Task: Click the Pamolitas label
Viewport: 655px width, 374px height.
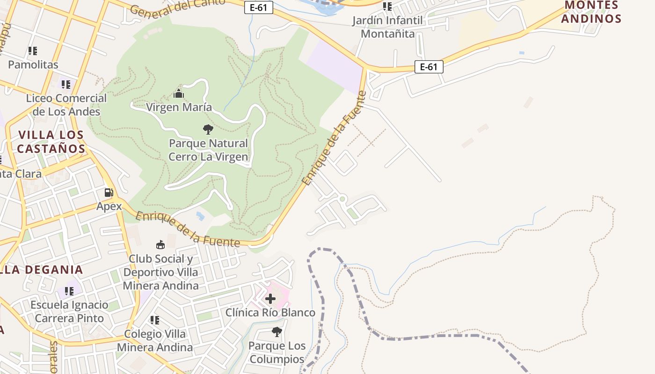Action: [33, 65]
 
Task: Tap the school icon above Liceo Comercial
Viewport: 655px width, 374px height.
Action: [66, 85]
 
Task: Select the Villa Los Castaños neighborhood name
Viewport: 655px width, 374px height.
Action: [51, 142]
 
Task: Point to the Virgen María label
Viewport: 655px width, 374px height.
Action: [179, 107]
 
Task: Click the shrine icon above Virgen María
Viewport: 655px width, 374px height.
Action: [179, 94]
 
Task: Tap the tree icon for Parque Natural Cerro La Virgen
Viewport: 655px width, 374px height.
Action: [208, 129]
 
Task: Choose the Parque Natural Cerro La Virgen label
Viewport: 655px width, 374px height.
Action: [208, 150]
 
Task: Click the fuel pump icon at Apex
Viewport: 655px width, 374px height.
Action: [109, 193]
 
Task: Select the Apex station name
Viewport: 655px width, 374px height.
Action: [109, 206]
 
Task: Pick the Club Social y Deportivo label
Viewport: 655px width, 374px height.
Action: [161, 272]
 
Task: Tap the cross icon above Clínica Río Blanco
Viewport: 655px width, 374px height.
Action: [270, 299]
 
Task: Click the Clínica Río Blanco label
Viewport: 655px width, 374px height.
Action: [270, 312]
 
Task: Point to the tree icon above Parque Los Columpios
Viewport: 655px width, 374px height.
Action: [277, 332]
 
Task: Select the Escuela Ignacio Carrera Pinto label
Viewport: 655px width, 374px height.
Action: [69, 311]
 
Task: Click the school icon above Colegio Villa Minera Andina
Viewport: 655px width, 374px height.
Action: [155, 320]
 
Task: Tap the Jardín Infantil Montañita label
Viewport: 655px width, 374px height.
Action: [387, 27]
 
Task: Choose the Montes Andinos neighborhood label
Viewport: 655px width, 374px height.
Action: [591, 12]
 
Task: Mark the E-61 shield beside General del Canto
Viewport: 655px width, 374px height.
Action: [258, 7]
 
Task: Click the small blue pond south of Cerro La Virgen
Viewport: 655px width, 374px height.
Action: [201, 216]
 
